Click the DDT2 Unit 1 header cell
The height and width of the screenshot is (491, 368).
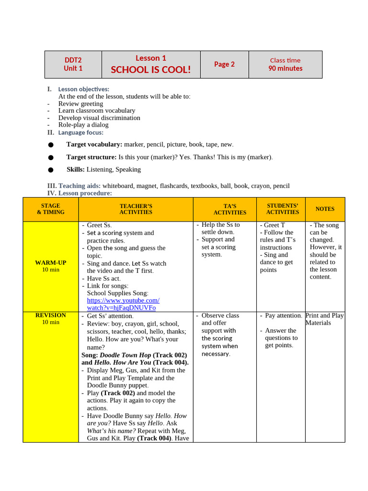click(73, 64)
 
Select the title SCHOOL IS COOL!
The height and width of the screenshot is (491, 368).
click(150, 70)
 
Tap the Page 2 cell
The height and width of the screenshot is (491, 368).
click(224, 64)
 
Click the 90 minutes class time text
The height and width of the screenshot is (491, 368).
click(285, 69)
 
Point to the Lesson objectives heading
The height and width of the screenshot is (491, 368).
click(83, 89)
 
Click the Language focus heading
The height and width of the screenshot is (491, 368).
click(80, 132)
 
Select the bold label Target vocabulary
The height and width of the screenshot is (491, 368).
click(94, 144)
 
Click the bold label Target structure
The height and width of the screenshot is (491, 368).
click(91, 157)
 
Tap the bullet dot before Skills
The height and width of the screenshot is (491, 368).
click(50, 170)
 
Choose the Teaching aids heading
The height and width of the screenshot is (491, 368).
click(80, 186)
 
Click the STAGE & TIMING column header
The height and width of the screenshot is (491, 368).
click(51, 209)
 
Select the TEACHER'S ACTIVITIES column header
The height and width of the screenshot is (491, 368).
click(136, 209)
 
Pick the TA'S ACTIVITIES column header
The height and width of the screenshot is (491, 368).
click(230, 209)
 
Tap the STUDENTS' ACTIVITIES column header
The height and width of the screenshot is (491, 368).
click(282, 209)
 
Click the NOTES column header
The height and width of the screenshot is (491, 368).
click(325, 209)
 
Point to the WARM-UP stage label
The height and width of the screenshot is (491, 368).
click(51, 263)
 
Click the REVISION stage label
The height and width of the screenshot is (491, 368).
click(51, 316)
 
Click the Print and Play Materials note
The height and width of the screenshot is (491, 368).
click(324, 319)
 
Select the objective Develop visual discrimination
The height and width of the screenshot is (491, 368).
click(99, 118)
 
